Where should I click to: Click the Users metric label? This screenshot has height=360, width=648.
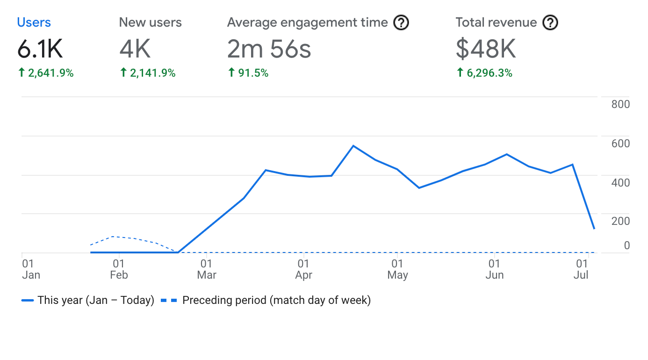pos(34,22)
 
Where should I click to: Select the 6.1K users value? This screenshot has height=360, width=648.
pos(40,49)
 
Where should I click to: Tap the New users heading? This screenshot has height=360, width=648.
pos(150,22)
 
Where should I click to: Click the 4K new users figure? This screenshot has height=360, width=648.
pos(135,49)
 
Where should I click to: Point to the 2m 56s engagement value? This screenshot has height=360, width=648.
pos(269,49)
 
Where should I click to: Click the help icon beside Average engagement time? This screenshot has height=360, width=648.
pos(401,22)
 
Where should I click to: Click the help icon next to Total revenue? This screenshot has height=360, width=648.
pos(550,22)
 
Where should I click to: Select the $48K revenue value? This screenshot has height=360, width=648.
pos(486,49)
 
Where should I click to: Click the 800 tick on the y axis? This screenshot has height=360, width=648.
pos(620,104)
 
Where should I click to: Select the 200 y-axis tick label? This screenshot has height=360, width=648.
pos(620,221)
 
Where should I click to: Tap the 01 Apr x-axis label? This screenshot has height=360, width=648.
pos(303,269)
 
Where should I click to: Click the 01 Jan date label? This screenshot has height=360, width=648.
pos(31,269)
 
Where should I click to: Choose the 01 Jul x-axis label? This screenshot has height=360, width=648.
pos(581,269)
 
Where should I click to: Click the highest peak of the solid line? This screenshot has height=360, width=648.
pos(353,146)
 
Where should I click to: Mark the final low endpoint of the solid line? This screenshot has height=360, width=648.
pos(594,229)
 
